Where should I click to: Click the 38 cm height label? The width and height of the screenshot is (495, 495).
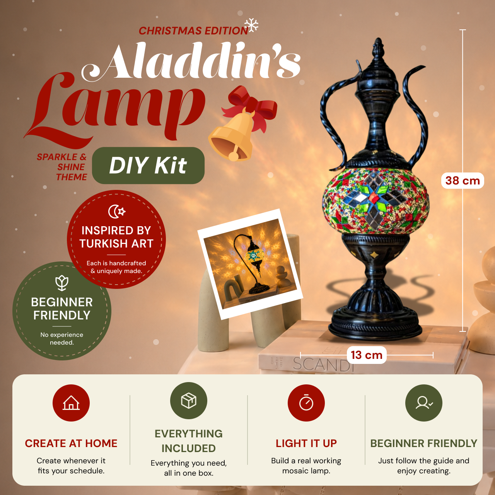463,181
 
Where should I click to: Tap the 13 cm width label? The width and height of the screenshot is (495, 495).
367,355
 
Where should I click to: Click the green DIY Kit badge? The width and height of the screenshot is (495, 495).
148,166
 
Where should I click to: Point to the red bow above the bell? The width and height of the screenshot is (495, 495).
251,105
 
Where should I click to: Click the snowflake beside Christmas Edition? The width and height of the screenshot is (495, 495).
251,25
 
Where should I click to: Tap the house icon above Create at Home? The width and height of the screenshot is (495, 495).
71,403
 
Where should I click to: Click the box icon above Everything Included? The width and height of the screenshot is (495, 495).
189,401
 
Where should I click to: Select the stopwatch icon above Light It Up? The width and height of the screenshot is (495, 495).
306,402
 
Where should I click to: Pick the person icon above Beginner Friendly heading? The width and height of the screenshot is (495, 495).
423,403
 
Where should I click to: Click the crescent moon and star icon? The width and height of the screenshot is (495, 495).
117,212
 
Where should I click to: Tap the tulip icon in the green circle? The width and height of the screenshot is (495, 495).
62,283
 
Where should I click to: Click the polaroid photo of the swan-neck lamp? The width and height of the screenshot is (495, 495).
250,264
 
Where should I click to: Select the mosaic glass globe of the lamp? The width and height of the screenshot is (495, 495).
375,200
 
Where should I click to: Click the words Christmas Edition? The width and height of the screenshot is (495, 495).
193,31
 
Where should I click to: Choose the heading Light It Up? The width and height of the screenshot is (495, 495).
306,443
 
